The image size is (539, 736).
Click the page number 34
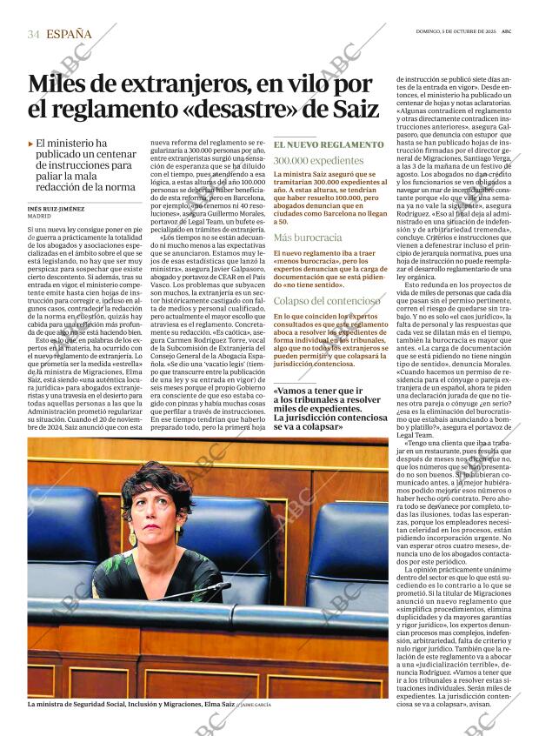[x=34, y=35]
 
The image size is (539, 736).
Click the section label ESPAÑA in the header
[x=69, y=34]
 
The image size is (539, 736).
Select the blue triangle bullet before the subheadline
[x=31, y=144]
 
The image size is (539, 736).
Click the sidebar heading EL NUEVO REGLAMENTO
[x=328, y=144]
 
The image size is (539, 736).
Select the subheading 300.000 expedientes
[x=306, y=161]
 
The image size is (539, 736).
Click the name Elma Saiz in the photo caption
[x=216, y=704]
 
